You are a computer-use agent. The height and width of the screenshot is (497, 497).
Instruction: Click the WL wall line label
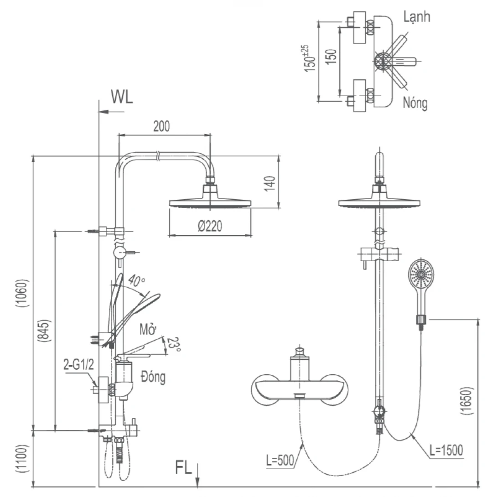122,97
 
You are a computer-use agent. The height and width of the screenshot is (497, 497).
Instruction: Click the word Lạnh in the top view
416,17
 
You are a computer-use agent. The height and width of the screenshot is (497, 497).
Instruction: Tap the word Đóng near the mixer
153,377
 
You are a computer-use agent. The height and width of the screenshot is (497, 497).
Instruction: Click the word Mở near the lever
148,330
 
